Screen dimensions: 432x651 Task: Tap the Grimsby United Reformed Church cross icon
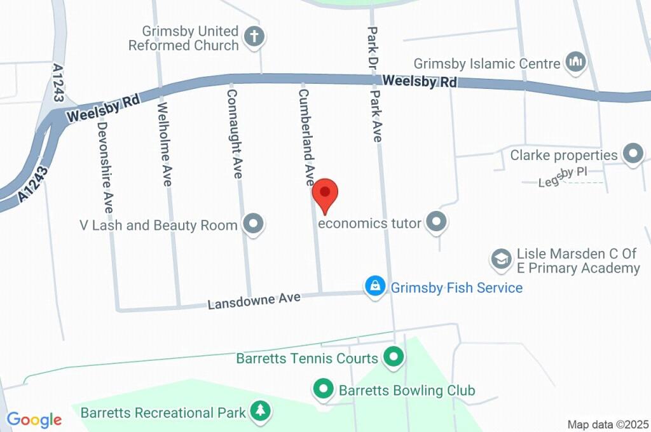click(x=254, y=37)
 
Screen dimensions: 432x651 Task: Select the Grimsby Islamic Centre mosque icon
click(x=577, y=62)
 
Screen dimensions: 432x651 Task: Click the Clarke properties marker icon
click(x=633, y=154)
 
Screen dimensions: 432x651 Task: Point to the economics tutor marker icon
click(x=436, y=222)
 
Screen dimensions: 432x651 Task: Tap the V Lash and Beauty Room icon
click(x=254, y=224)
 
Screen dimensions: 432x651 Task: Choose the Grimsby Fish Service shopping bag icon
click(x=375, y=287)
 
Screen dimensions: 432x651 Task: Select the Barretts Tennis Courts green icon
click(x=394, y=358)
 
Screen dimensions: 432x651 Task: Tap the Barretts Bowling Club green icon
click(x=324, y=389)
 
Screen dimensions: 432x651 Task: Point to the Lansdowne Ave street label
click(x=254, y=300)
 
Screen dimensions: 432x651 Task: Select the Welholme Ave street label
click(x=165, y=144)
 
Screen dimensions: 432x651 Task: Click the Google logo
click(x=34, y=419)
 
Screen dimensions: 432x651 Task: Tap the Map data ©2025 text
click(x=607, y=424)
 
